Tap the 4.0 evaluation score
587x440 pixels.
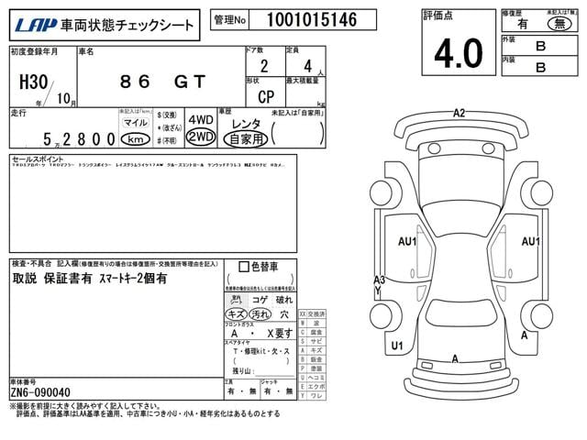click(458, 54)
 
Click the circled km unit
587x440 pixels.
click(135, 138)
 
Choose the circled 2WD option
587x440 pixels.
click(200, 137)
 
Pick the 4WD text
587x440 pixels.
click(200, 120)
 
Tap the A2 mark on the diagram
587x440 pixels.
click(459, 113)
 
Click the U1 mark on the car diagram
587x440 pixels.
click(397, 346)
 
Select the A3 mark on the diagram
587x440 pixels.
click(379, 280)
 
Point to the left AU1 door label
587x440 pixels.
click(406, 241)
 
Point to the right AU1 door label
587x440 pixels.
click(531, 241)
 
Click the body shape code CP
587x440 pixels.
click(264, 95)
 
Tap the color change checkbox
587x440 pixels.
click(243, 267)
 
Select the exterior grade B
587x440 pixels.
click(540, 44)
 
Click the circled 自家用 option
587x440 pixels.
click(246, 138)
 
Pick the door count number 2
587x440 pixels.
click(264, 65)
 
